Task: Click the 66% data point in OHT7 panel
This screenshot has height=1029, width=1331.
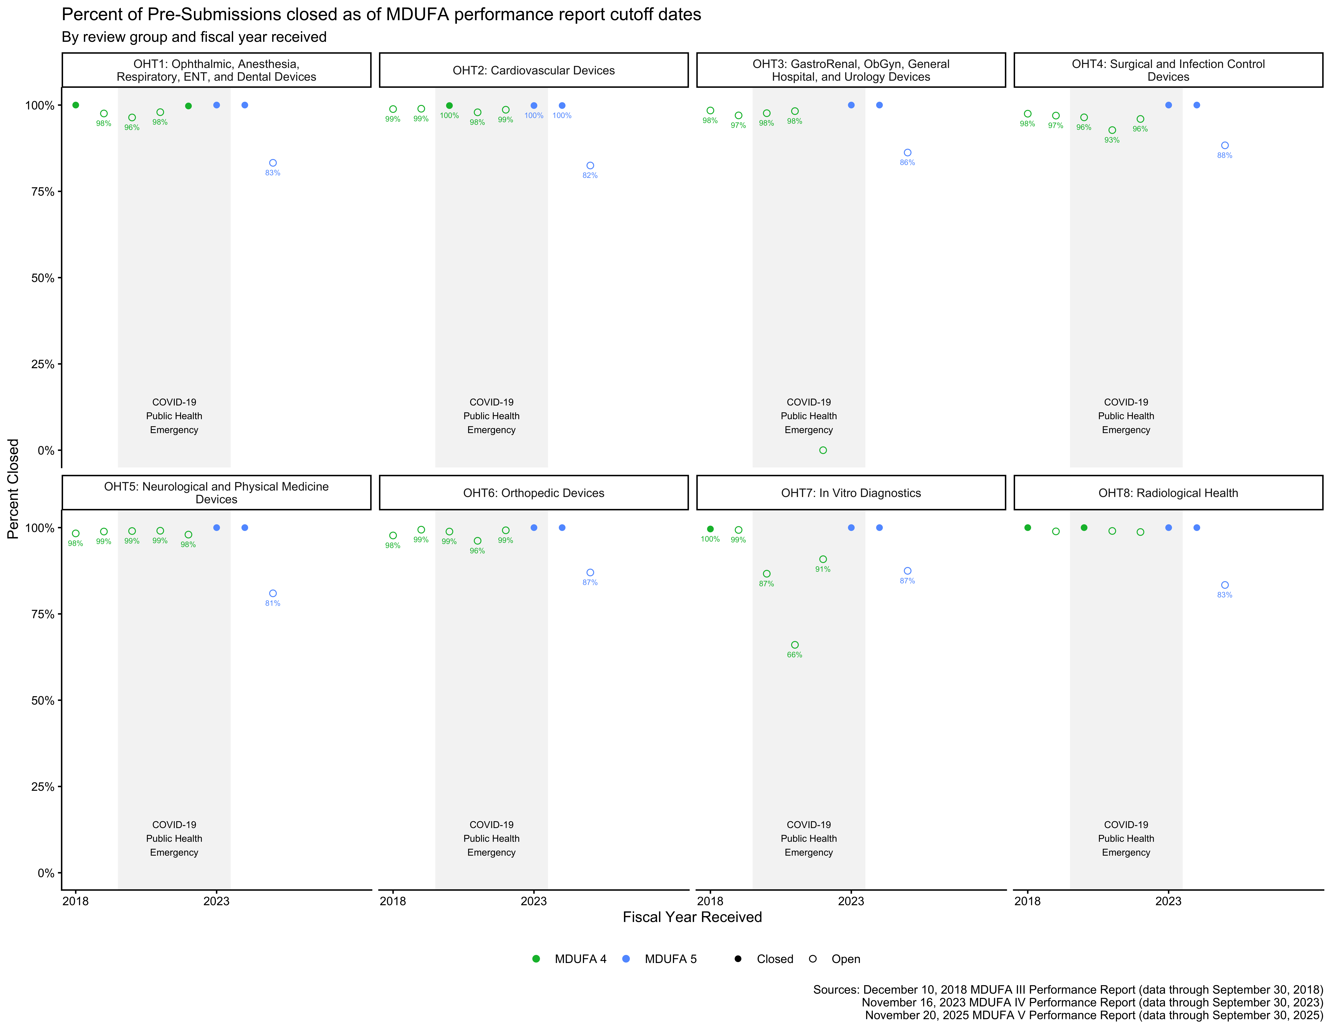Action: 795,645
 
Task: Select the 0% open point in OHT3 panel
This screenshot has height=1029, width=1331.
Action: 823,451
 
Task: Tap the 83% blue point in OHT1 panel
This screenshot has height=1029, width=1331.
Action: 273,163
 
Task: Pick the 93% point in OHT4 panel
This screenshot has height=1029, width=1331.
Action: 1112,130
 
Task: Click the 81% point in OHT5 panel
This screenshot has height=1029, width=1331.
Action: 273,593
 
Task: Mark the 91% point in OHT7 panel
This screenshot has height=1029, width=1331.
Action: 823,559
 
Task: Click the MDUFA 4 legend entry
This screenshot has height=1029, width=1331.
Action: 570,959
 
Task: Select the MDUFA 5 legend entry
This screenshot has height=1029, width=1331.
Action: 660,959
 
